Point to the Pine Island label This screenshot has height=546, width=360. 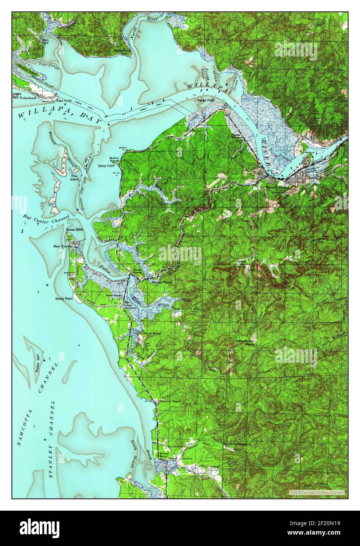pos(74,177)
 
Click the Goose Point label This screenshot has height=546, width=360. pos(74,230)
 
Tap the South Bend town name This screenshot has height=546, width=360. pos(277,188)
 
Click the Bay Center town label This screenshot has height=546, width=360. pos(62,246)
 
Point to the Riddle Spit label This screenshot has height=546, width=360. pos(38,363)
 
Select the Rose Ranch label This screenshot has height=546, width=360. pos(113,295)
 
